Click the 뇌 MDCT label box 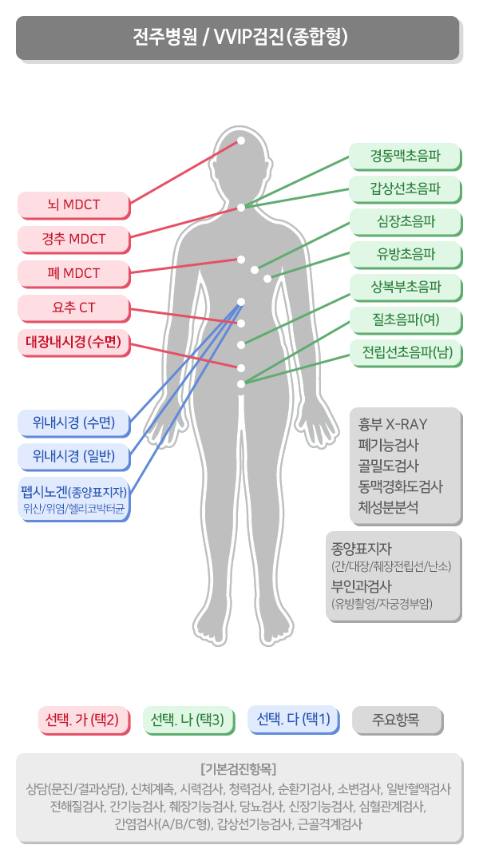coord(73,204)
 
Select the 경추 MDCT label coord(73,239)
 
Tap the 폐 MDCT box coord(73,273)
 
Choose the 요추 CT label coord(73,307)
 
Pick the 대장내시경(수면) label coord(73,342)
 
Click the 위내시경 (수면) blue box coord(73,422)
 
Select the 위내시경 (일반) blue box coord(73,456)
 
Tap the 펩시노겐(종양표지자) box coord(73,498)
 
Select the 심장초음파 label coord(406,221)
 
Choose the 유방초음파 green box coord(406,254)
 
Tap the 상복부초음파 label coord(406,287)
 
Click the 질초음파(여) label coord(406,319)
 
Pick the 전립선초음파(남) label coord(406,352)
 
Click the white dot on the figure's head coord(241,141)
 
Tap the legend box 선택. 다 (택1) coord(293,719)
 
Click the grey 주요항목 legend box coord(396,719)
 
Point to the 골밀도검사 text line coord(389,466)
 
